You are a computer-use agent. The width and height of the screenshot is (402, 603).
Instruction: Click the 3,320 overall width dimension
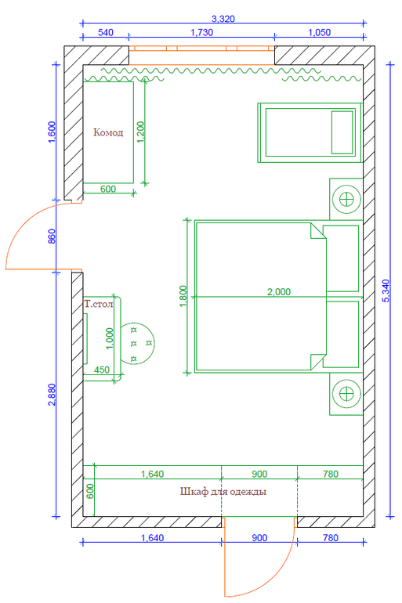[223, 19]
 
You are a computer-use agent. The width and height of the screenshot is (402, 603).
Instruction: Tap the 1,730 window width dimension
[202, 32]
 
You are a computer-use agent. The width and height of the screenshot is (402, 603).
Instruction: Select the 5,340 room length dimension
[386, 291]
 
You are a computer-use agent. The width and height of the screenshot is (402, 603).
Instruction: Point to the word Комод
[108, 132]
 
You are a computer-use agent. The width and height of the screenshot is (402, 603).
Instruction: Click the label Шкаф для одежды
[223, 492]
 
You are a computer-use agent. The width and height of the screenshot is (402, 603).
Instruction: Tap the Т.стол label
[99, 304]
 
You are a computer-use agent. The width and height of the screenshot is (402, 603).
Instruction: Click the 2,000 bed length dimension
[279, 292]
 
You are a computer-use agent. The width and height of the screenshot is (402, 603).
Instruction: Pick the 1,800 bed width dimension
[183, 296]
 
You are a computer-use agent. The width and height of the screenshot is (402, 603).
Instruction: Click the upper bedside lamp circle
[346, 199]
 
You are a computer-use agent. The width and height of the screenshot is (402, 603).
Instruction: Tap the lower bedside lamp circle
[346, 394]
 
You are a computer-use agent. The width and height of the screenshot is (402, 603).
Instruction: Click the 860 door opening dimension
[53, 237]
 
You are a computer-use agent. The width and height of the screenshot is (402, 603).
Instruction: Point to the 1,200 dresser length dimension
[140, 132]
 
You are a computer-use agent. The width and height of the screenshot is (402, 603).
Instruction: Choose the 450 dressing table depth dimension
[102, 370]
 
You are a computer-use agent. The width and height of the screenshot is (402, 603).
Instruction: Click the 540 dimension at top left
[106, 32]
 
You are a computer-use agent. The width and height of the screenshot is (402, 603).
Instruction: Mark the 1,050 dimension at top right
[319, 32]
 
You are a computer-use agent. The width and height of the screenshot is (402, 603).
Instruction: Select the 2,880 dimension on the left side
[53, 394]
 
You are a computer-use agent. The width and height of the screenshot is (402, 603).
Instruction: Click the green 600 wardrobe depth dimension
[89, 492]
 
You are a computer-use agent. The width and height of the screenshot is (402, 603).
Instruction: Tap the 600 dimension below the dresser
[108, 189]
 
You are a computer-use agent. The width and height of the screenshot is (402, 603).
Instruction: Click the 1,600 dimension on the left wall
[53, 132]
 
